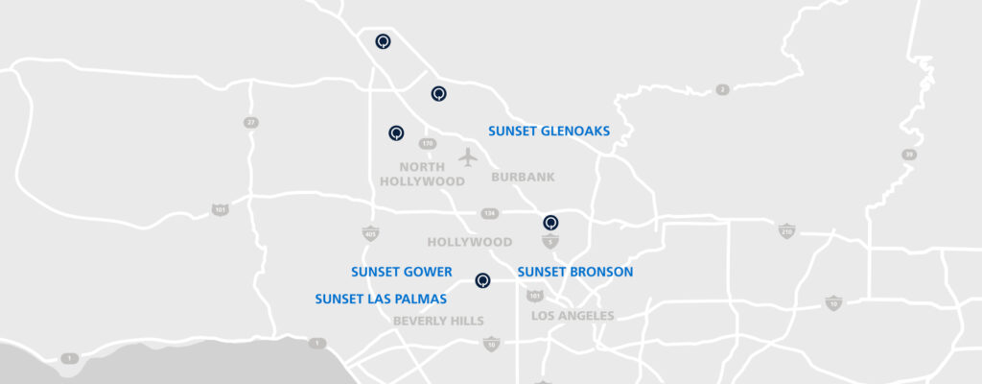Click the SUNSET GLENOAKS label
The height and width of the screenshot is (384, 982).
pyautogui.click(x=549, y=131)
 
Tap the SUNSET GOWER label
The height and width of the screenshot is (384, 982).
pyautogui.click(x=401, y=272)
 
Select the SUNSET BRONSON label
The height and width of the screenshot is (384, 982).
pyautogui.click(x=575, y=272)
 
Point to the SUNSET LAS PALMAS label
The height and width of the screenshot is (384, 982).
pyautogui.click(x=381, y=300)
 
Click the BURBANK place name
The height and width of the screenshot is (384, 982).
pyautogui.click(x=523, y=178)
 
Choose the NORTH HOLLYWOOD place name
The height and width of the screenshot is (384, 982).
pyautogui.click(x=422, y=174)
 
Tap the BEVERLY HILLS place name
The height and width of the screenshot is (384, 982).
pyautogui.click(x=438, y=321)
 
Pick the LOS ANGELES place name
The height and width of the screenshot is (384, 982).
pyautogui.click(x=573, y=316)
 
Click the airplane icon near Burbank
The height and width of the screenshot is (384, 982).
pyautogui.click(x=467, y=156)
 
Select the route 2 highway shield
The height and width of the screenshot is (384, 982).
pyautogui.click(x=722, y=90)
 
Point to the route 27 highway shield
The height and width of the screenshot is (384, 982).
pyautogui.click(x=250, y=123)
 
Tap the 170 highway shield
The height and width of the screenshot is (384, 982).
pyautogui.click(x=428, y=143)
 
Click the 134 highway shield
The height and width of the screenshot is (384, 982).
pyautogui.click(x=490, y=214)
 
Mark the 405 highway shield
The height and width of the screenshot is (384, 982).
pyautogui.click(x=370, y=233)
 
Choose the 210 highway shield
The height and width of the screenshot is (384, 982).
pyautogui.click(x=786, y=230)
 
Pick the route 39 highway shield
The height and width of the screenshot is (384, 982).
pyautogui.click(x=907, y=155)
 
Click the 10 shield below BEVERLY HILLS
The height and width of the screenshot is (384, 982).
pyautogui.click(x=491, y=344)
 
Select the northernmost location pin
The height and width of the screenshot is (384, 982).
pyautogui.click(x=383, y=41)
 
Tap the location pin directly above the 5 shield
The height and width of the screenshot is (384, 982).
pyautogui.click(x=550, y=222)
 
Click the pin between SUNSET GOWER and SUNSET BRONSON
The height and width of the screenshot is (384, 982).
pyautogui.click(x=482, y=280)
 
